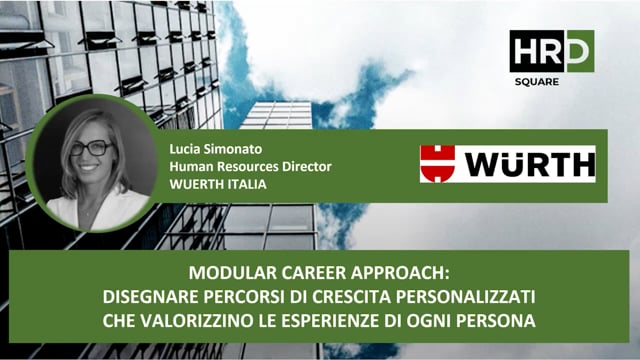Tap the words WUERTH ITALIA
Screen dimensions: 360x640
click(217, 181)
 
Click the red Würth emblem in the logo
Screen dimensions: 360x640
click(438, 164)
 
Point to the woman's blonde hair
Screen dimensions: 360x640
click(70, 160)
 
